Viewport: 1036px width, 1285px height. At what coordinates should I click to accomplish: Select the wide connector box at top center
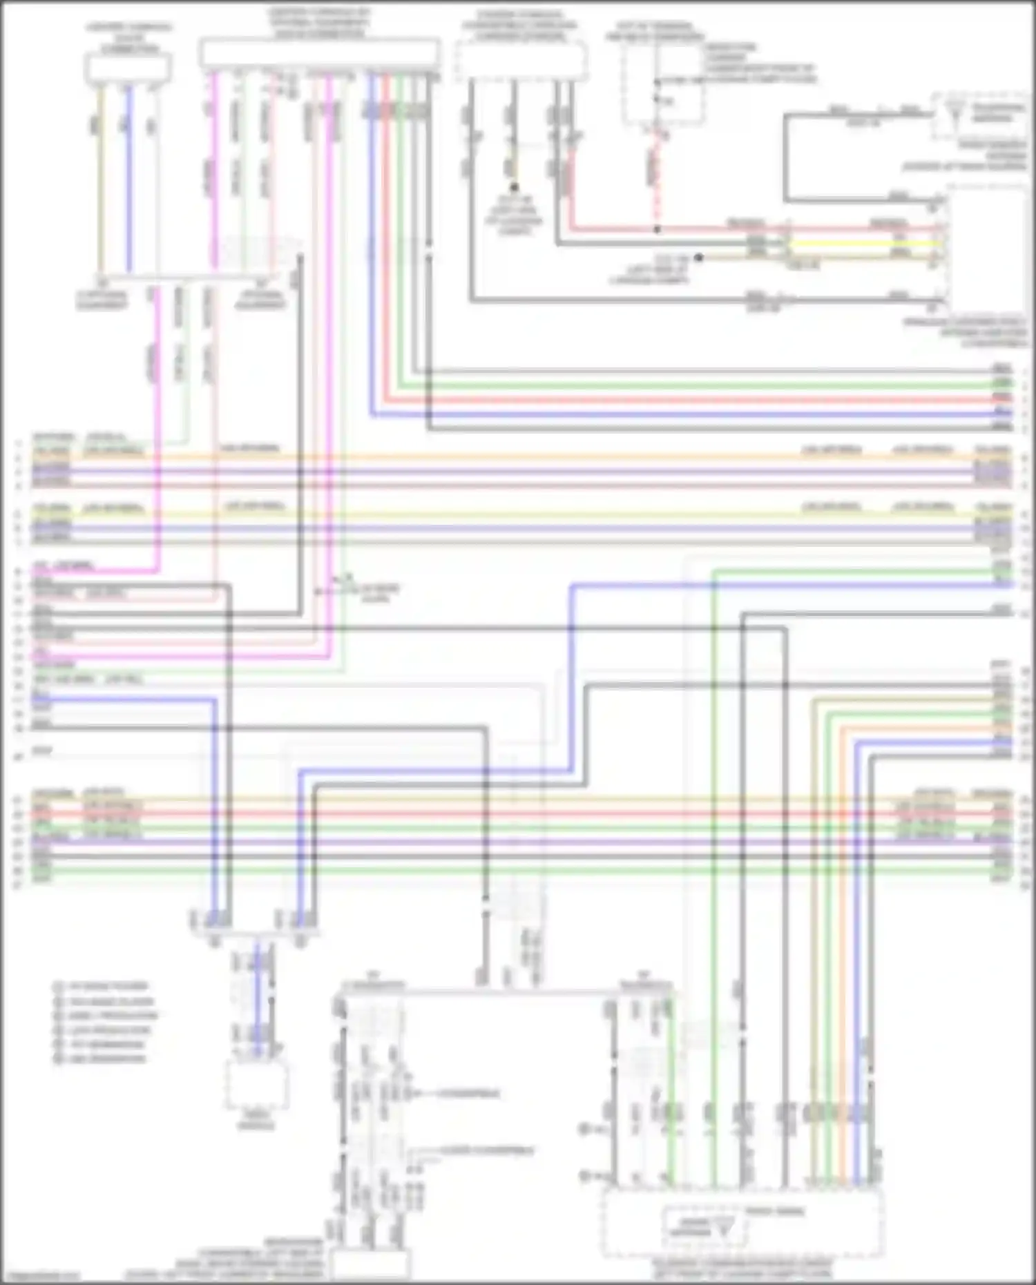pos(319,52)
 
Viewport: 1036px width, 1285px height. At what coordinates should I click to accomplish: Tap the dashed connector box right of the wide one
pos(521,60)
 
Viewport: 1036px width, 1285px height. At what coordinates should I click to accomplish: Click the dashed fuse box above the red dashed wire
pos(662,90)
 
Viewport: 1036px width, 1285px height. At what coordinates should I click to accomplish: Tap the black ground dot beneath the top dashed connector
pos(514,187)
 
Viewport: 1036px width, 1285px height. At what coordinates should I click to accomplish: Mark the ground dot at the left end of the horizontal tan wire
pos(699,257)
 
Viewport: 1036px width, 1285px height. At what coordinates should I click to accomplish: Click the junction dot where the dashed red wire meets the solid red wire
pos(658,229)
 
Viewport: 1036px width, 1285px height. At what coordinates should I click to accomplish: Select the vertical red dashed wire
pos(658,180)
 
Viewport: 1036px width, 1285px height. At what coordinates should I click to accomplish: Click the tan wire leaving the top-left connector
pos(101,180)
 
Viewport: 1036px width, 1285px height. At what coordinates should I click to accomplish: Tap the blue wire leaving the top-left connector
pos(128,180)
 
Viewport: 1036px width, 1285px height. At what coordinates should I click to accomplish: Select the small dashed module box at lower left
pos(256,1085)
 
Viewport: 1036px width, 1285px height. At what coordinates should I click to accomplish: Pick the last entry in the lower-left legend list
pos(100,1059)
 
